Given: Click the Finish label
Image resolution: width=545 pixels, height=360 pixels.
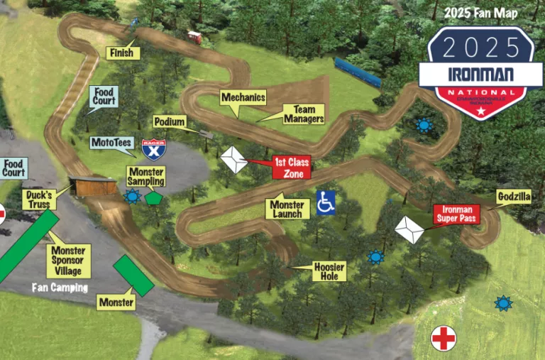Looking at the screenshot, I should click(x=122, y=53).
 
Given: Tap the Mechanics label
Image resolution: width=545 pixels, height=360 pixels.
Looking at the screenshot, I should click(x=243, y=97).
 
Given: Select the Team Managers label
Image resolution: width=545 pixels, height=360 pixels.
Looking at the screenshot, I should click(x=304, y=114).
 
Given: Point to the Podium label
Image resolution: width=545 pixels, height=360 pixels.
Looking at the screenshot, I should click(x=169, y=122).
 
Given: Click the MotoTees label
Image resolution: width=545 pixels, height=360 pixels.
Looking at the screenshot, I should click(x=112, y=143).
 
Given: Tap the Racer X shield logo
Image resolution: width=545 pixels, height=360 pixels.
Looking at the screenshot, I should click(x=152, y=149).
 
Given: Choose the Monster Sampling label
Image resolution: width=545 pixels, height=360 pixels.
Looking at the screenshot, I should click(x=146, y=177).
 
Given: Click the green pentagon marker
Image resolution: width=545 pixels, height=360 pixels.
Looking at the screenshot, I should click(x=153, y=198).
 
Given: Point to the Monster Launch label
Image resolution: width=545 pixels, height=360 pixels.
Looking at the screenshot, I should click(x=287, y=209).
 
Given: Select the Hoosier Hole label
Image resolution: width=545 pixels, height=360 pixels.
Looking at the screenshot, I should click(x=329, y=271).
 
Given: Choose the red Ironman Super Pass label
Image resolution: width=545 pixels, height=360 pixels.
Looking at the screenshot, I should click(x=456, y=214).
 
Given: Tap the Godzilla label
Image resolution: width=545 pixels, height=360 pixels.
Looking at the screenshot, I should click(x=513, y=196).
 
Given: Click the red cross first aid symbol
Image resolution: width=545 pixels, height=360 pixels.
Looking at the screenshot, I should click(x=444, y=338).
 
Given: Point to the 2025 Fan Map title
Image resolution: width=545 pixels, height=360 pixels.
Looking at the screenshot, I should click(x=480, y=13).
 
